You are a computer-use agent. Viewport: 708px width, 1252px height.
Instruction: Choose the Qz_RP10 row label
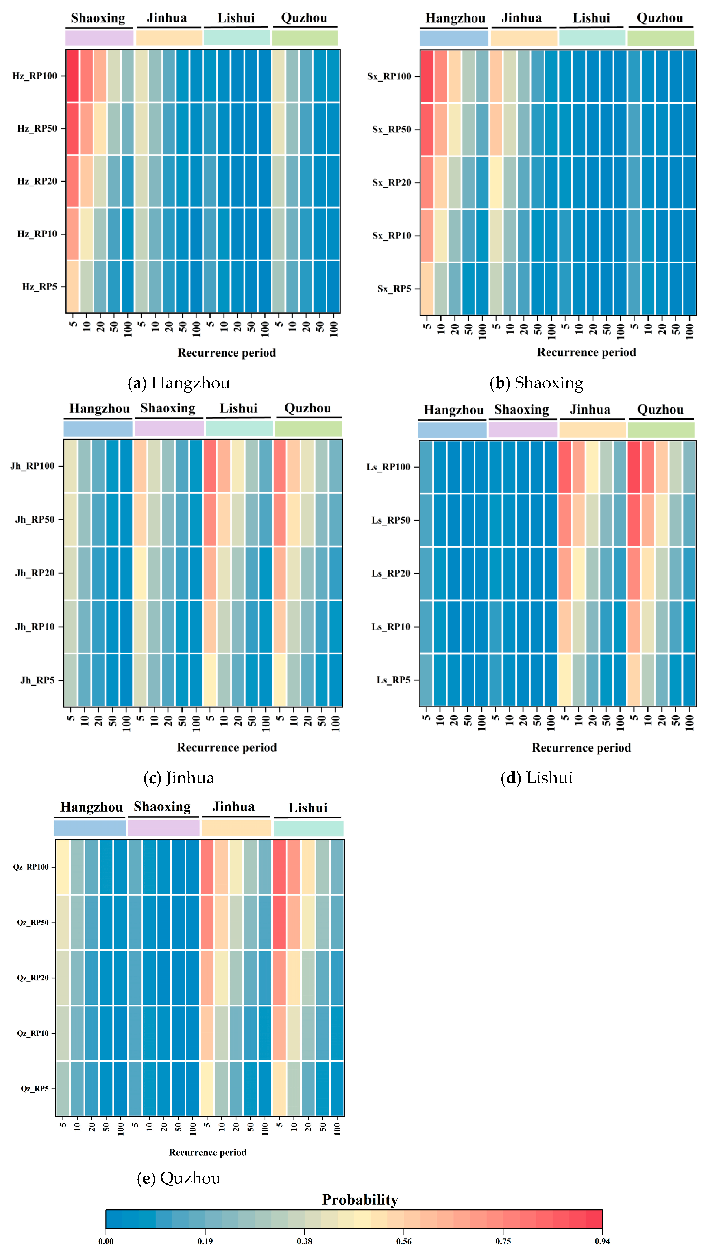click(x=33, y=1033)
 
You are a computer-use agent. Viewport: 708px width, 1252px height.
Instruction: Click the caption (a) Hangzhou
click(x=179, y=383)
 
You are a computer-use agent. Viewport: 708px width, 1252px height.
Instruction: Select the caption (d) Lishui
click(x=536, y=778)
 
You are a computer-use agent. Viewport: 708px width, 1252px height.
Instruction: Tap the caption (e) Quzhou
click(x=179, y=1178)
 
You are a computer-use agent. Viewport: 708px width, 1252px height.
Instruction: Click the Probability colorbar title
click(x=360, y=1200)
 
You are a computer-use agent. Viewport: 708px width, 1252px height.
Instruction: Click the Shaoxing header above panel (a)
click(x=98, y=18)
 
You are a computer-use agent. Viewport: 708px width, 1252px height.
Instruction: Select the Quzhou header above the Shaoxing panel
click(x=660, y=18)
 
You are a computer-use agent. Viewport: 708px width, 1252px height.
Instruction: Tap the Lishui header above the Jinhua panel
click(x=238, y=408)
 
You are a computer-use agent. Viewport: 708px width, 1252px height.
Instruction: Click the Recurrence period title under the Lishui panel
click(x=581, y=747)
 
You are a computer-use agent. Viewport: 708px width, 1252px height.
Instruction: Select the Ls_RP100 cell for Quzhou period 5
click(x=634, y=467)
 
